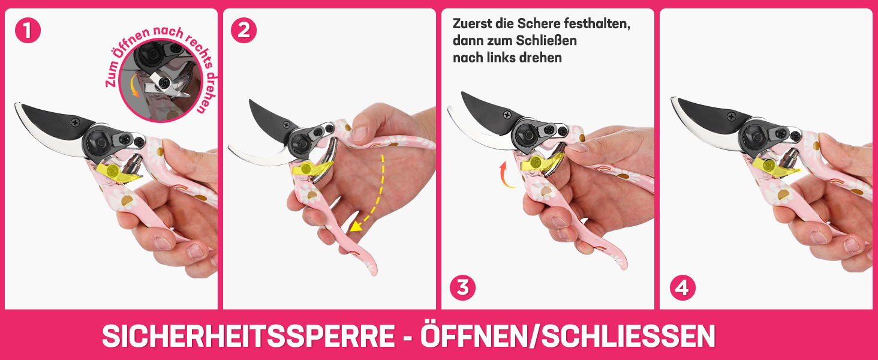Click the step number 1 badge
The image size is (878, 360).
point(28,30)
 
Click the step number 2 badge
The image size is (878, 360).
point(244,30)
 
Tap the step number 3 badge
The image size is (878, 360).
point(462,287)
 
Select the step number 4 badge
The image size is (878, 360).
point(682,287)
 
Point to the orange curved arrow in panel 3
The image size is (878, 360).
point(505,175)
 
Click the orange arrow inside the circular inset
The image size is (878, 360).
point(134,85)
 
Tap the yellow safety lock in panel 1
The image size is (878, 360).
point(117,173)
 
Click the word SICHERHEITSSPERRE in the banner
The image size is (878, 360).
point(248,336)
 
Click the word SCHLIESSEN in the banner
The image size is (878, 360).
point(629,336)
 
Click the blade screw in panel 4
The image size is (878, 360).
point(732,116)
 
